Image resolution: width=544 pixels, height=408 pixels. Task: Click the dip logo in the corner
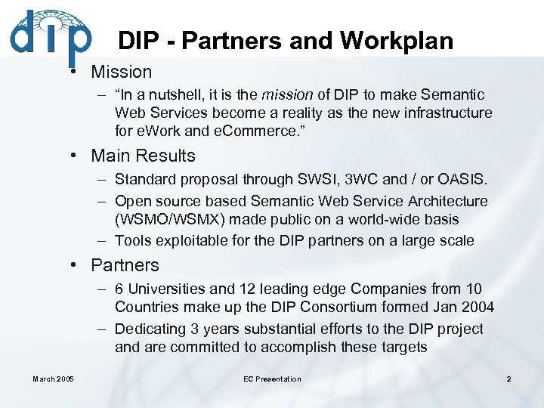tap(50, 35)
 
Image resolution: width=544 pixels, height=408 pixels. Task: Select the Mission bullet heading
tap(122, 72)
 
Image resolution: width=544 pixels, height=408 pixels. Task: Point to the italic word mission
tap(287, 95)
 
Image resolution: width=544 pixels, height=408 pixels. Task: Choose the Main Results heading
tap(143, 156)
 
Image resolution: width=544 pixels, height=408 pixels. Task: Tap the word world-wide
tap(375, 221)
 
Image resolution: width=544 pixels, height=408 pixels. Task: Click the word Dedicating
tap(150, 329)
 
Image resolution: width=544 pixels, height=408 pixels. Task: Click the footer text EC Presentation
tap(272, 379)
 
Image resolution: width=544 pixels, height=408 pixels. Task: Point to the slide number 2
tap(508, 379)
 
